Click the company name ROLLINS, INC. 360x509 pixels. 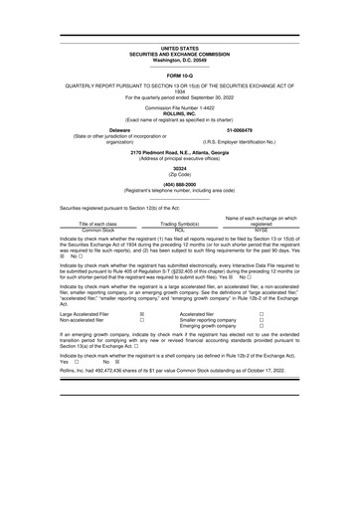(x=181, y=111)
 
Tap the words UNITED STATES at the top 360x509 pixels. (x=181, y=48)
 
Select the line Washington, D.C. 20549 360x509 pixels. (x=181, y=60)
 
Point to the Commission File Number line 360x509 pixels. (x=181, y=105)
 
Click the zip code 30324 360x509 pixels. (x=180, y=169)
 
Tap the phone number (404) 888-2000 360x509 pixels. (x=180, y=184)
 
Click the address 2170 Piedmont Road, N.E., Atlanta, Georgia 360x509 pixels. (x=180, y=152)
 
